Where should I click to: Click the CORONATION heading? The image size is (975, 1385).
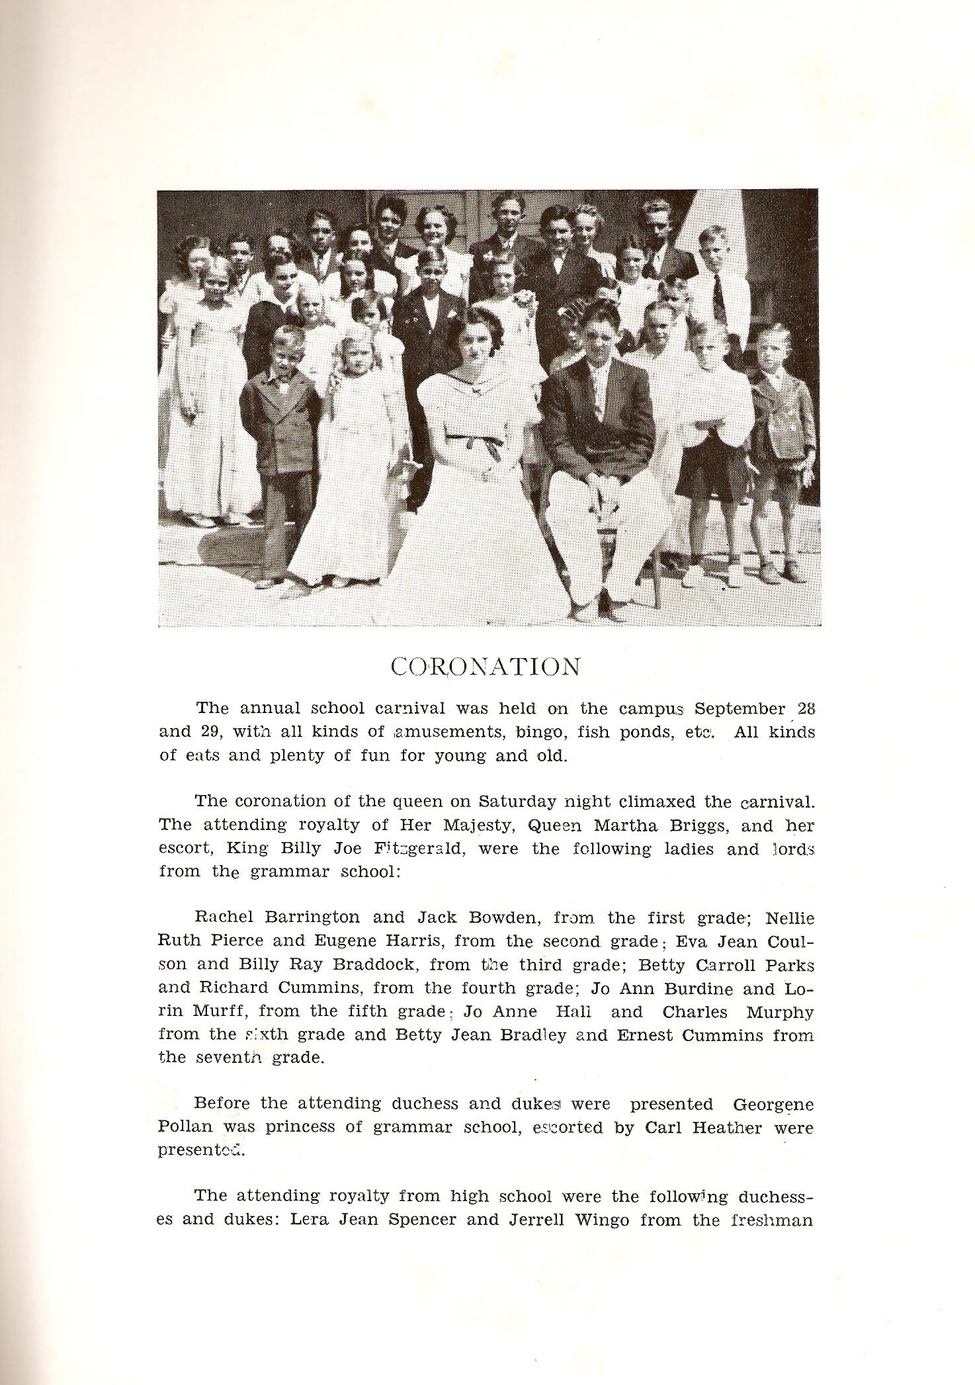click(x=486, y=667)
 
